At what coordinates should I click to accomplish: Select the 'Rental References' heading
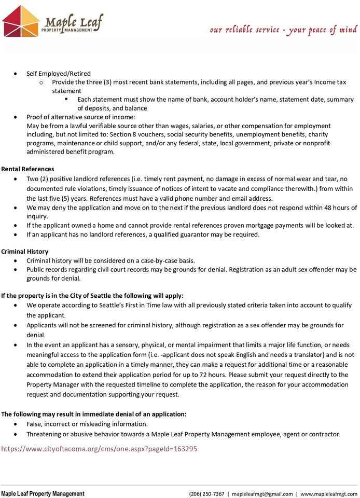tap(27, 169)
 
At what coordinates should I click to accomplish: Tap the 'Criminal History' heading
tap(25, 251)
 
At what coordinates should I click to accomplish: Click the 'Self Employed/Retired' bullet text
tap(59, 74)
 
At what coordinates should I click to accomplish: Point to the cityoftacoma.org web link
tap(99, 449)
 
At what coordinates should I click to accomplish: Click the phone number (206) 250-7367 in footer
tap(206, 494)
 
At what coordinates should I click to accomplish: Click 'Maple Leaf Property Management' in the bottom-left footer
tap(43, 494)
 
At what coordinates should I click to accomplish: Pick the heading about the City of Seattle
tap(92, 296)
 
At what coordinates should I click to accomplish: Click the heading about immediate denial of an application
tap(94, 414)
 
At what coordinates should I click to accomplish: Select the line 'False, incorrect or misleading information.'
tap(87, 424)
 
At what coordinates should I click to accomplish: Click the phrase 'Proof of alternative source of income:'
tap(80, 117)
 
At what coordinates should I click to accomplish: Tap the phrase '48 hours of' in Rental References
tap(340, 208)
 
